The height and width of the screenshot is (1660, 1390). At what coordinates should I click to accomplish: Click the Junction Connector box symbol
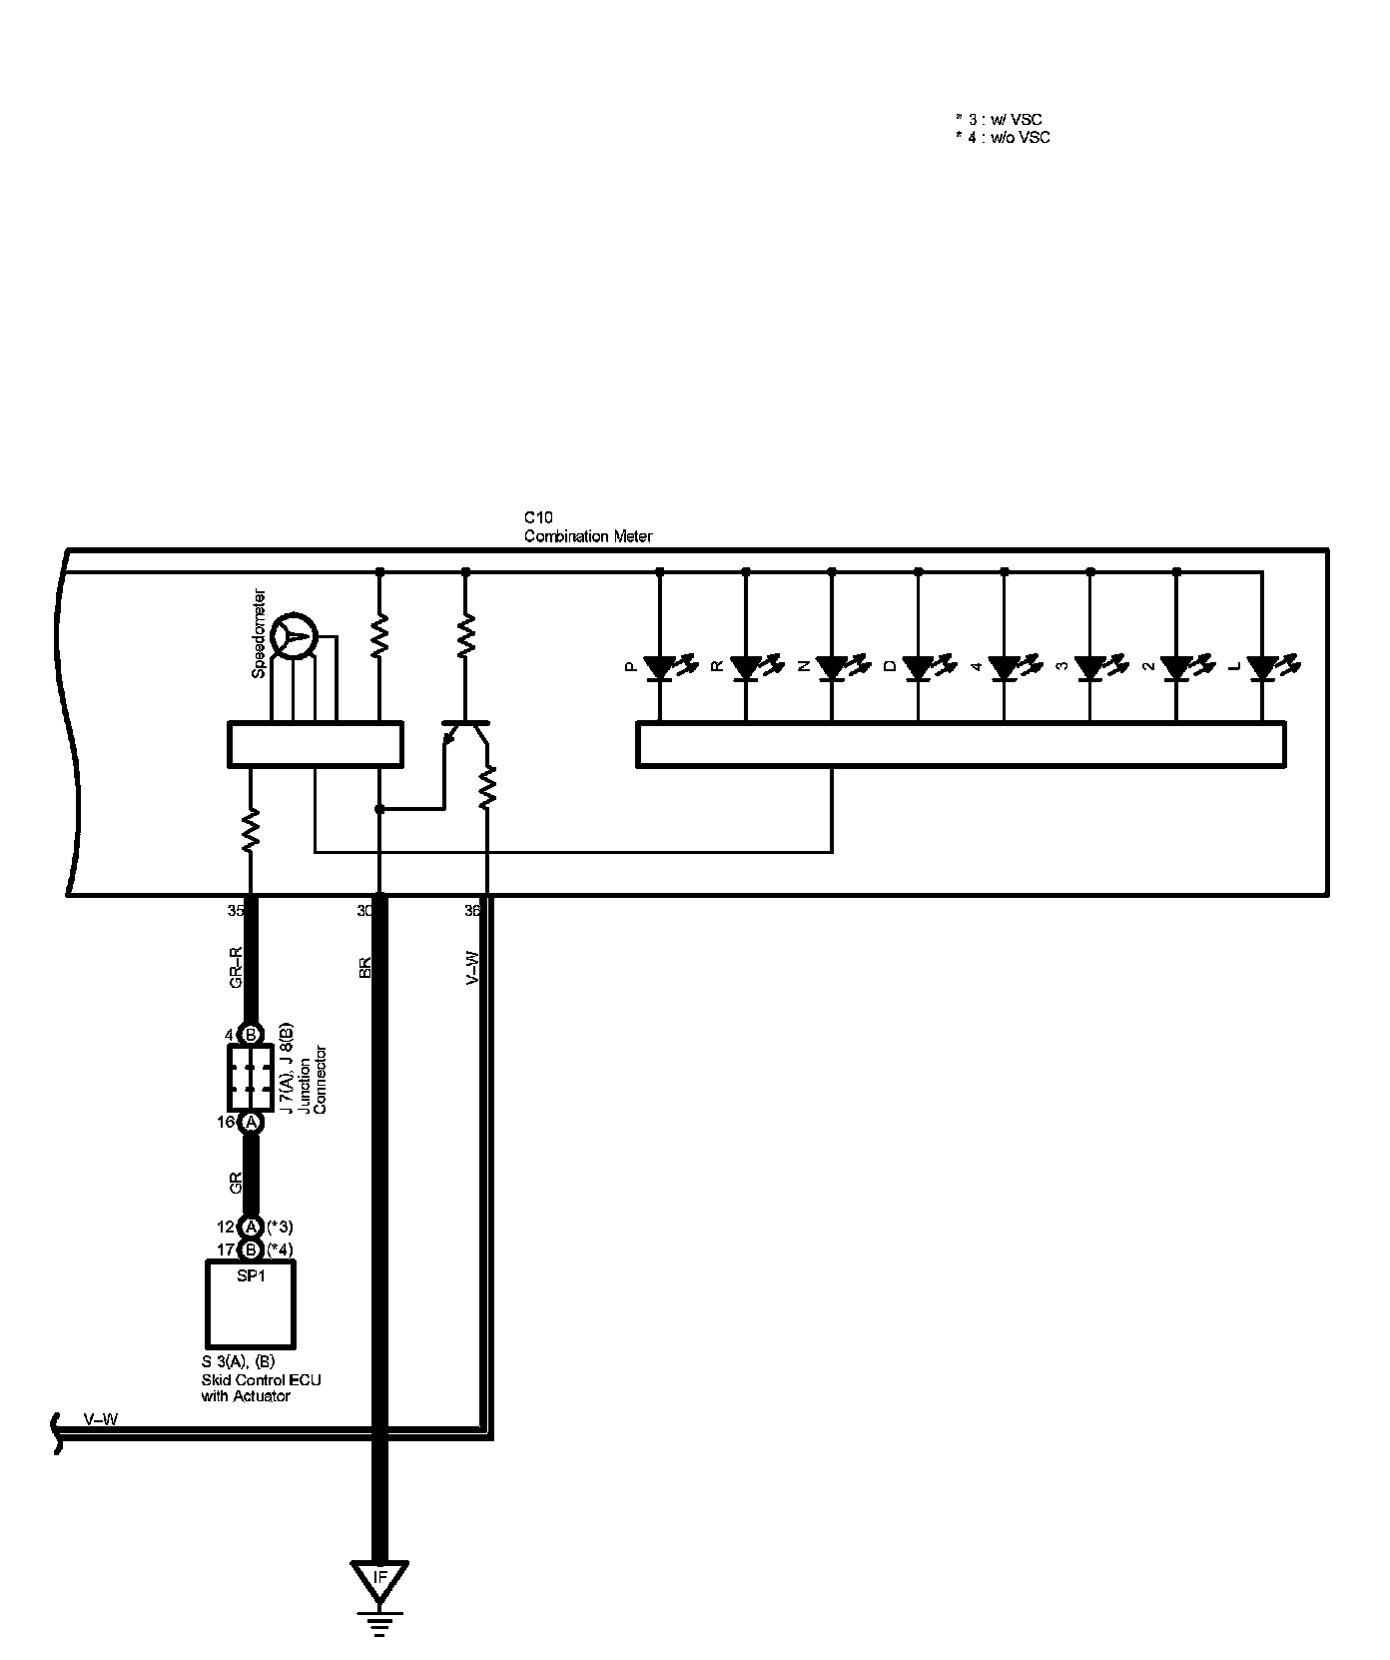[x=251, y=1078]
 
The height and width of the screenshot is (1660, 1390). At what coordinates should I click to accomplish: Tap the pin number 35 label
[x=236, y=911]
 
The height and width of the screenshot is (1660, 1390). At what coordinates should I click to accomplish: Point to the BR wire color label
[x=364, y=966]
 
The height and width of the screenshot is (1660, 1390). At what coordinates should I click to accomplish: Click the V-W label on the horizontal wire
[x=100, y=1419]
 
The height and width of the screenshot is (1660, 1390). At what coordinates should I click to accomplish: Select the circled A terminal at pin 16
[x=252, y=1123]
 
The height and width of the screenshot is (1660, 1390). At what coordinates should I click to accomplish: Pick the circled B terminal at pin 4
[x=252, y=1035]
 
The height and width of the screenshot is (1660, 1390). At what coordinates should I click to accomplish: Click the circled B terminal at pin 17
[x=252, y=1249]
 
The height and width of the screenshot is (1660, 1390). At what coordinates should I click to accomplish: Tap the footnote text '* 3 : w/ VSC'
[x=999, y=120]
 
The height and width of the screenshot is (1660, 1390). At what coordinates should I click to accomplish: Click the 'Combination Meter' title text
[x=588, y=536]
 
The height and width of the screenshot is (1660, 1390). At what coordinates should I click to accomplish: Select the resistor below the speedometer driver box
[x=251, y=830]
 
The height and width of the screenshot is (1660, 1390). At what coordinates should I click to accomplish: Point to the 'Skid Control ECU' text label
[x=261, y=1379]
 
